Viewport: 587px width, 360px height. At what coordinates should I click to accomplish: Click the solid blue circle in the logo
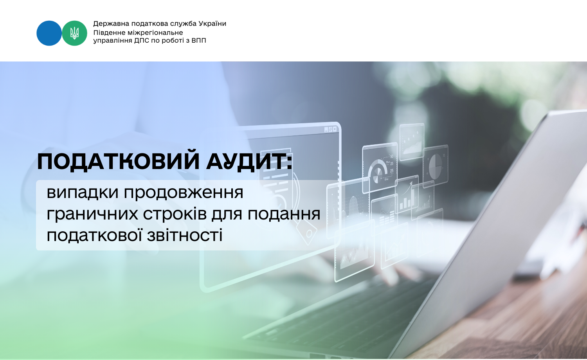(x=49, y=33)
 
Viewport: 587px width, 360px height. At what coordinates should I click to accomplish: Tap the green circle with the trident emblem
(x=74, y=33)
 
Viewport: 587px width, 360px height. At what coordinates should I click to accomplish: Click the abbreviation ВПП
(x=198, y=41)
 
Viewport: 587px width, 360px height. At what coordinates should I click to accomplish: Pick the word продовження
(x=184, y=193)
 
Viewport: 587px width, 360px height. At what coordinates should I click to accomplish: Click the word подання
(x=284, y=214)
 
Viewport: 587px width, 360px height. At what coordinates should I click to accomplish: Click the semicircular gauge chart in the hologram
(x=378, y=171)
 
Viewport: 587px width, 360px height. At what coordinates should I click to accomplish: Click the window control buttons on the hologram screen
(x=331, y=129)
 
